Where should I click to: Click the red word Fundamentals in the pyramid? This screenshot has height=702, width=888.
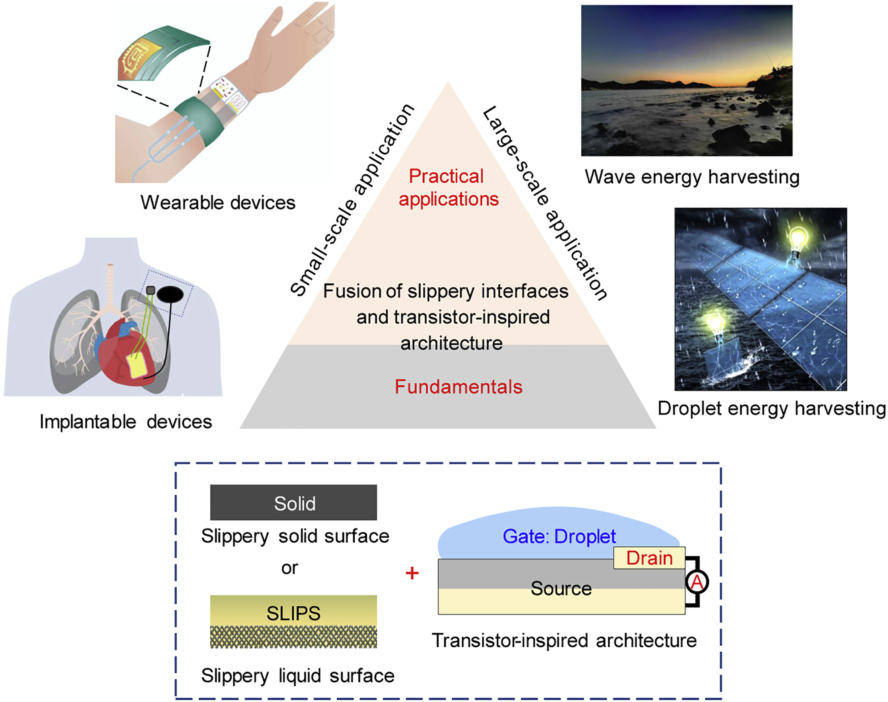[458, 387]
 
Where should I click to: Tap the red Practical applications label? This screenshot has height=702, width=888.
[448, 187]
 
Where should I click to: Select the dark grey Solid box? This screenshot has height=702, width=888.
[294, 502]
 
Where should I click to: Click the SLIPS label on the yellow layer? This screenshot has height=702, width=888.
[294, 613]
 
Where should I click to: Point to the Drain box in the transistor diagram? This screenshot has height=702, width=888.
[649, 558]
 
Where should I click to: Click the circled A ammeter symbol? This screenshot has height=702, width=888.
[697, 582]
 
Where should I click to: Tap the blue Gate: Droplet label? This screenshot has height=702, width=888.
[559, 536]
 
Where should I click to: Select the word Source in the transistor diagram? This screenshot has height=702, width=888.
[561, 588]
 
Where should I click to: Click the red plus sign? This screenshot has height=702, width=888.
[412, 573]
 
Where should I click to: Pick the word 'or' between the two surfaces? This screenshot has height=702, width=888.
[289, 568]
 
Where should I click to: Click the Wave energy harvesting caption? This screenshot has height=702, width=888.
[692, 177]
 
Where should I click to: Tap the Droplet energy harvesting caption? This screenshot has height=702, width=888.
[771, 409]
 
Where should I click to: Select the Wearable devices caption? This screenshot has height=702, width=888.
[218, 203]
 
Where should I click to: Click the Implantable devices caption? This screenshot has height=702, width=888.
[126, 422]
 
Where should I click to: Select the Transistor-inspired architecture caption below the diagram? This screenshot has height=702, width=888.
[564, 640]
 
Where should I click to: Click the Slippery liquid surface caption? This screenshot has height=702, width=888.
[298, 676]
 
